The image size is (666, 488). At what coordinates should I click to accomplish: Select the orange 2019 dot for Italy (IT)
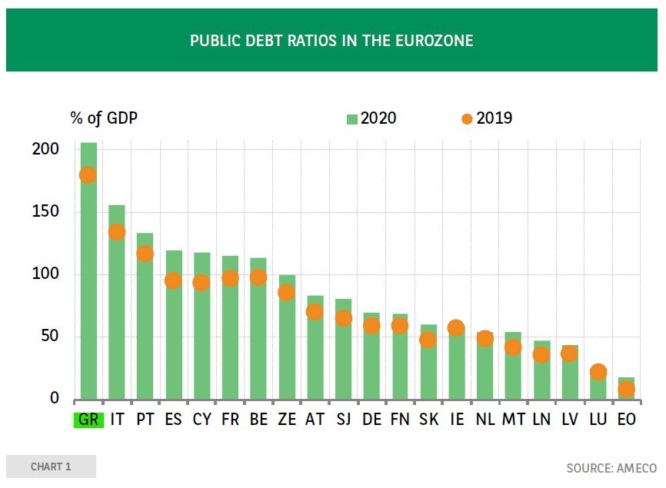point(117,232)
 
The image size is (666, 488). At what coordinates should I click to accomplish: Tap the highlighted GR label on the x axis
point(88,420)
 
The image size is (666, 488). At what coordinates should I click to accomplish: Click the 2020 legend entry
point(372,118)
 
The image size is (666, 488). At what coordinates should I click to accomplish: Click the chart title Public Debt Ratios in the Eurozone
point(331,40)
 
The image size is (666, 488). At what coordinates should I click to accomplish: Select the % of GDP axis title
point(104,118)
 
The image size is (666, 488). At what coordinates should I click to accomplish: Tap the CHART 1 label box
point(51,466)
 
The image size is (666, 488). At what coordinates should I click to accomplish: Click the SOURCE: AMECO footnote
point(611,468)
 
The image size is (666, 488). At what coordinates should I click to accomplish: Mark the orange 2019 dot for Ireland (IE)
point(456,328)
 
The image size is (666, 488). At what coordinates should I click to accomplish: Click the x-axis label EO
point(626,420)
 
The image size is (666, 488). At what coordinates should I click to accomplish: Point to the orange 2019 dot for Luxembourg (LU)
point(598,372)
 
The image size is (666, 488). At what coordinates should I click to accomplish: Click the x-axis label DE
point(371,420)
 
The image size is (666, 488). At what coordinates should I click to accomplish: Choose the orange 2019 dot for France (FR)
point(230,278)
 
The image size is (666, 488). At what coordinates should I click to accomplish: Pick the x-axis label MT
point(513,420)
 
